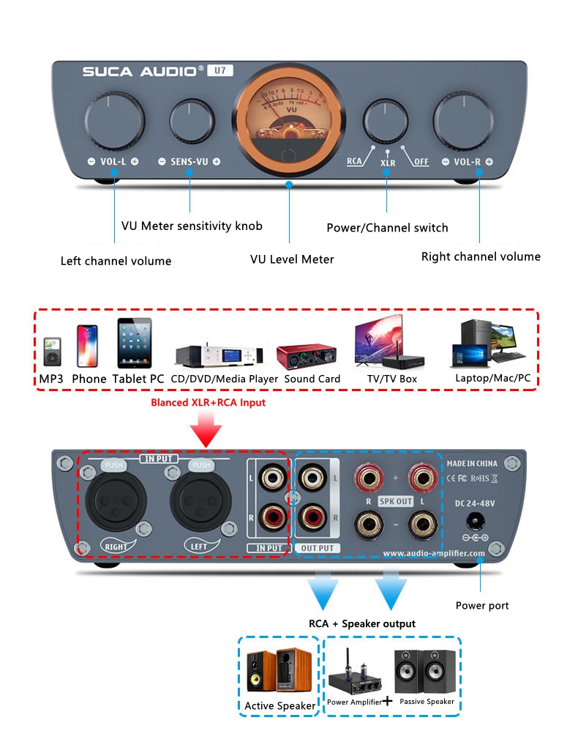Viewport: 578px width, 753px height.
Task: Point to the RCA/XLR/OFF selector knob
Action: [386, 118]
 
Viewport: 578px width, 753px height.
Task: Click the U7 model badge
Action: [219, 71]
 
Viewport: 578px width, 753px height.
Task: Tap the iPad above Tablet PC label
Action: [135, 343]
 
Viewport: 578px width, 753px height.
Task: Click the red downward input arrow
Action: [209, 428]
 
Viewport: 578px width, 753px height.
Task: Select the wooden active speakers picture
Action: [279, 670]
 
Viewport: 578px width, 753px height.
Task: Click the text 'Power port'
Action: [482, 606]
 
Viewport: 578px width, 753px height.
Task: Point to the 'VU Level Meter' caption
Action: [291, 259]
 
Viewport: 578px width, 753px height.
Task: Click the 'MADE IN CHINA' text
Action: [472, 463]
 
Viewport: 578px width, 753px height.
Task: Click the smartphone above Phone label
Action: [87, 346]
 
